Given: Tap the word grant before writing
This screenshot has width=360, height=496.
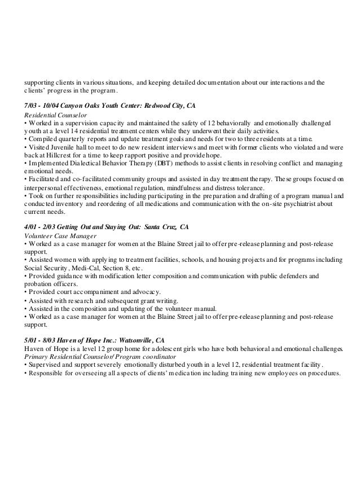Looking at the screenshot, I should click(x=147, y=300).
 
